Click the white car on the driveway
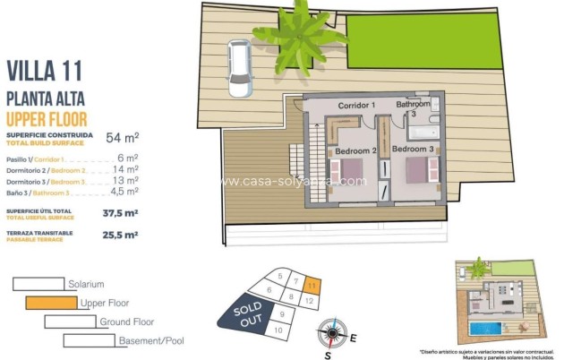coord(239,67)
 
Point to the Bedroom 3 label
coord(413,149)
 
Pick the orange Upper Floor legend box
coord(51,303)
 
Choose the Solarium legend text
coord(86,284)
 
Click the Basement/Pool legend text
coord(150,340)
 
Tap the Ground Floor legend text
coord(126,321)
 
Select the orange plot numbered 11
coord(310,287)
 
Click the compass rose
coord(331,334)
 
